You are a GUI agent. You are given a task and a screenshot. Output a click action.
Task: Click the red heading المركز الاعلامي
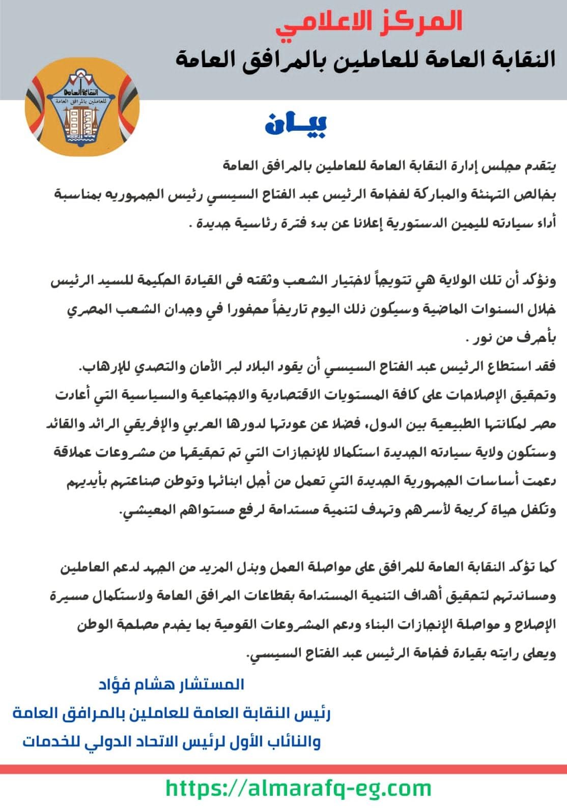(369, 22)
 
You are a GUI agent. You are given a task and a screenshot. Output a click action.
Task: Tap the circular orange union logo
(82, 107)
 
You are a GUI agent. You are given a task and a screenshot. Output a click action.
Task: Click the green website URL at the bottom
(299, 788)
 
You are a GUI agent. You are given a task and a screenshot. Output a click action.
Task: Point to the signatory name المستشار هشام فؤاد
(172, 684)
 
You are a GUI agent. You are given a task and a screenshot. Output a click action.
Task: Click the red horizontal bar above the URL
(283, 769)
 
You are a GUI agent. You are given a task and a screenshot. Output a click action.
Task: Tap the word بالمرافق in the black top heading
(310, 59)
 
